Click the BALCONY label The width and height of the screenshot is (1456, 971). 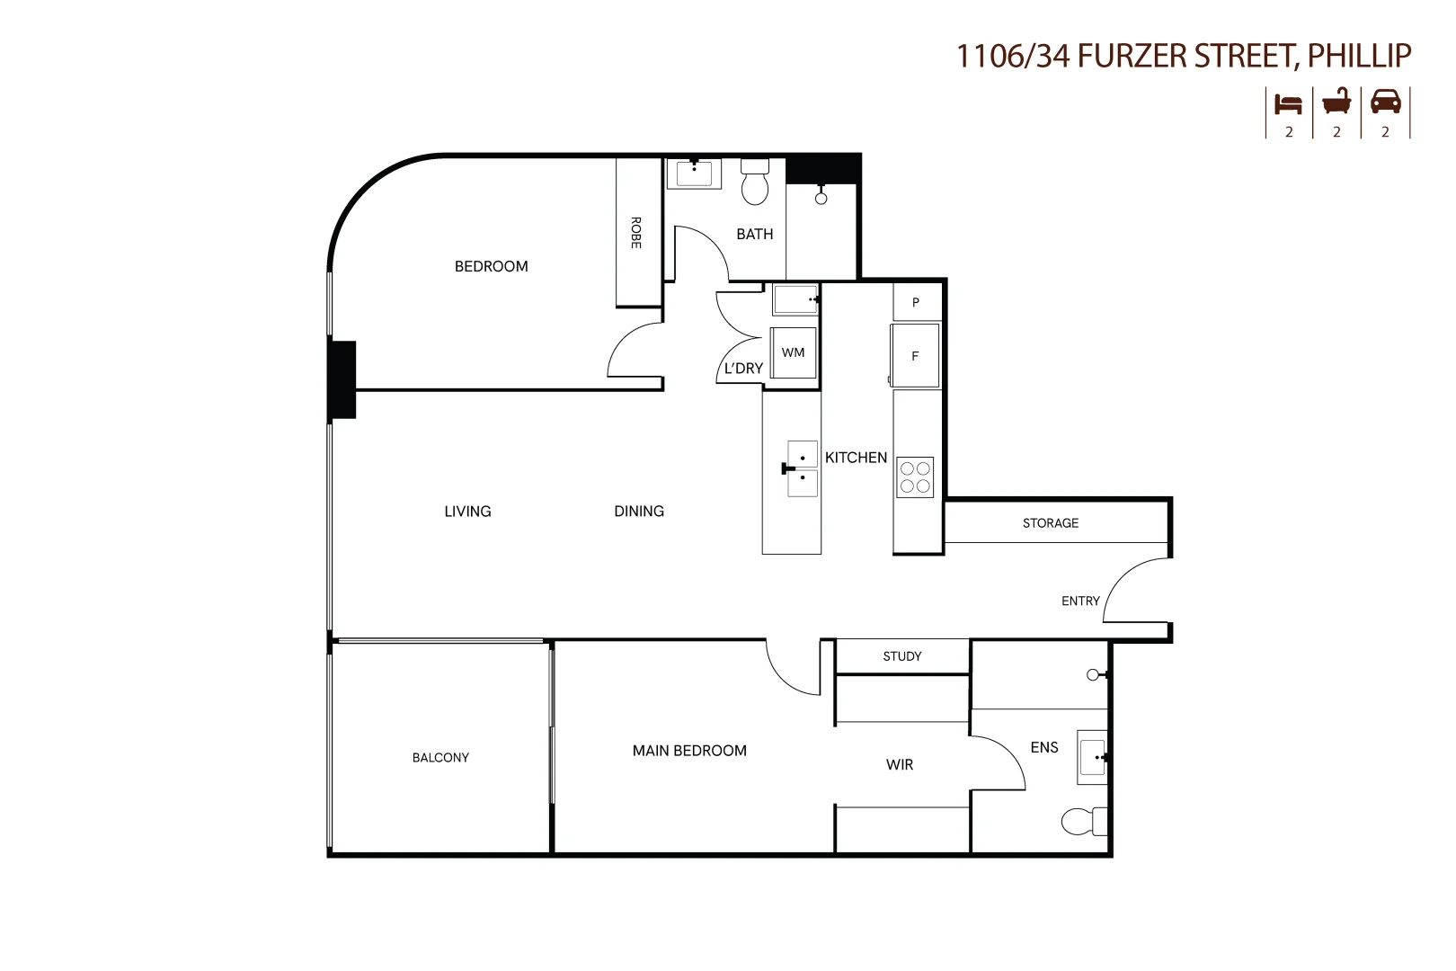point(440,758)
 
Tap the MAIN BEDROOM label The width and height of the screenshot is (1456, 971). point(689,751)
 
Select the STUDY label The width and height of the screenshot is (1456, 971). point(901,656)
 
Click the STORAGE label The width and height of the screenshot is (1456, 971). point(1050,522)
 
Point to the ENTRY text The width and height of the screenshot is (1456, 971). point(1080,601)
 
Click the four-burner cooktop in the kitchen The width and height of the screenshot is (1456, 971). point(915,477)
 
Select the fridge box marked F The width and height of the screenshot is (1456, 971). point(915,356)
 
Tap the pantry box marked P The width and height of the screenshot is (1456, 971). point(916,302)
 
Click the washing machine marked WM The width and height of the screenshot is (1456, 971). point(793,352)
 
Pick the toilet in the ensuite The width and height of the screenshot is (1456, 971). point(1082,821)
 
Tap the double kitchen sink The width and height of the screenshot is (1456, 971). point(802,468)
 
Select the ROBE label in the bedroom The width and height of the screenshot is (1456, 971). point(635,233)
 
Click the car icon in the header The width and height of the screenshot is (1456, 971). point(1385,102)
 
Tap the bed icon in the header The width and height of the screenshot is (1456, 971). point(1288,103)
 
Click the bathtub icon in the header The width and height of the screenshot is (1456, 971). point(1336,102)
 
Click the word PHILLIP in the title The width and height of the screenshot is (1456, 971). point(1359,56)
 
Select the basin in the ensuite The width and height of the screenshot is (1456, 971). point(1092,758)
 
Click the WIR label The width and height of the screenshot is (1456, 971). point(899,764)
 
